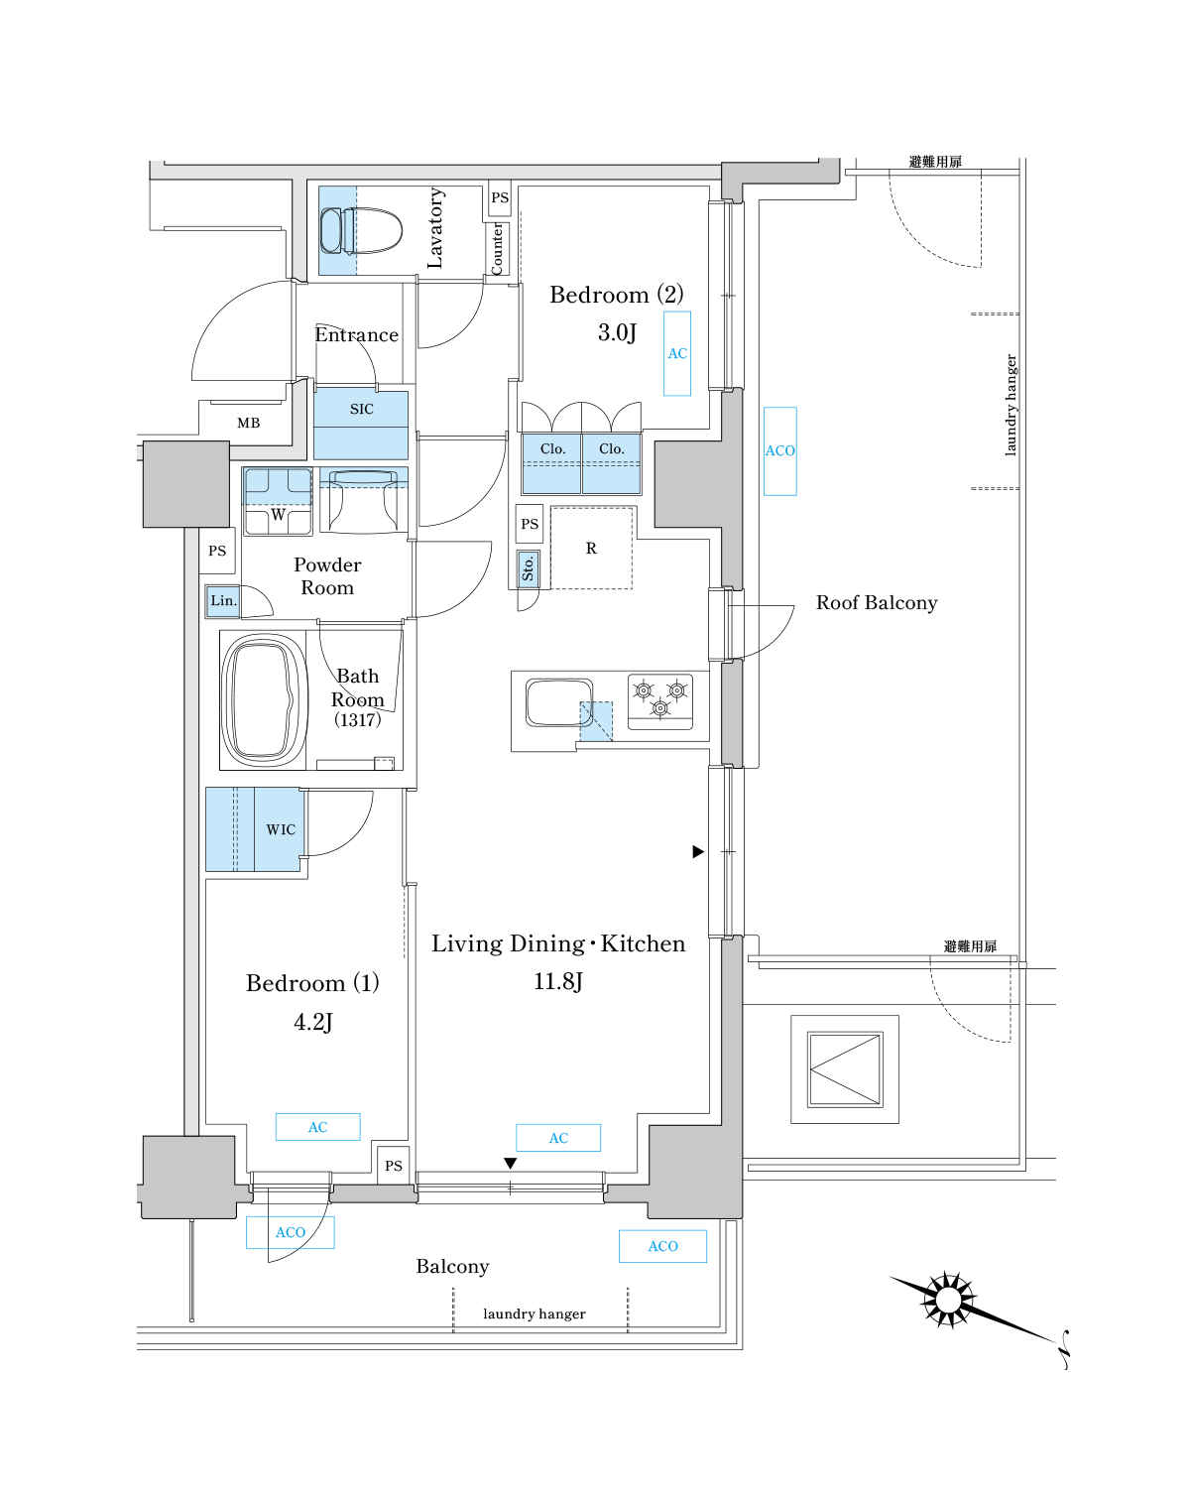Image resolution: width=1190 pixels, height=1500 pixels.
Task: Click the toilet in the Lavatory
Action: (363, 231)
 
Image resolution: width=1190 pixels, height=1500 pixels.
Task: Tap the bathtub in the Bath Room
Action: (263, 699)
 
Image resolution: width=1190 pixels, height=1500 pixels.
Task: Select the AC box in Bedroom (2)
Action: (677, 353)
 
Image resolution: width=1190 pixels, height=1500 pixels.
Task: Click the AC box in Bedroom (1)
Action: (317, 1127)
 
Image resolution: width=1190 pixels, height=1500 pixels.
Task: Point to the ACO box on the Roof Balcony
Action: (780, 450)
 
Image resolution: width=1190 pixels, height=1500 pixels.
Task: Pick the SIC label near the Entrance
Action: (362, 409)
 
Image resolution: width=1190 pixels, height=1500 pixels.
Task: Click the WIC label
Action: (281, 829)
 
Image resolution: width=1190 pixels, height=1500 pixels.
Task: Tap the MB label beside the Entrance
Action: (249, 423)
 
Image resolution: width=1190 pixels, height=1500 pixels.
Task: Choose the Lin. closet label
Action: (223, 600)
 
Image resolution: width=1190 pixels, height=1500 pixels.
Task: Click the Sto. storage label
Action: (529, 568)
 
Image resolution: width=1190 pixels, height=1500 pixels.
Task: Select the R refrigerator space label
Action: (591, 549)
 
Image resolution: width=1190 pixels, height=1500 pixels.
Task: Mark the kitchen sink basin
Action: (558, 702)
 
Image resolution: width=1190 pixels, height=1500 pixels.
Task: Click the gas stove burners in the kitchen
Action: (660, 698)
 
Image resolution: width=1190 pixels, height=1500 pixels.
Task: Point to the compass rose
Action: (948, 1299)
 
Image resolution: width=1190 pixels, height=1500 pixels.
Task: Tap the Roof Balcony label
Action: (877, 603)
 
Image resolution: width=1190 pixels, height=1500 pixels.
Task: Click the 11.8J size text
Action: (558, 982)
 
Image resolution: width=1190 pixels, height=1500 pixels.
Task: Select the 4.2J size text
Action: (313, 1022)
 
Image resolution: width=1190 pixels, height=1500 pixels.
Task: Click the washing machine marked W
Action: (278, 502)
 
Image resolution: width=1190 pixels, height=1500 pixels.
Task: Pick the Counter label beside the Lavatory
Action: (498, 248)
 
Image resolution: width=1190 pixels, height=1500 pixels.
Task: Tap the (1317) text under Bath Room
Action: (357, 720)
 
